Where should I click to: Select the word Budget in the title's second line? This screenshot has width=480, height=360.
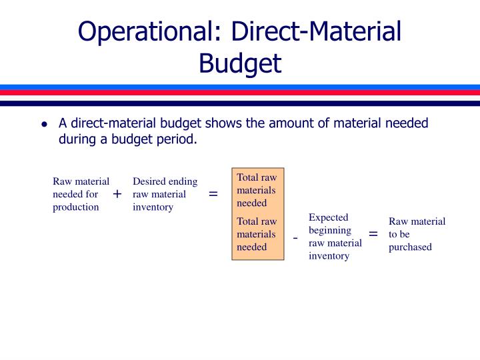coord(240,64)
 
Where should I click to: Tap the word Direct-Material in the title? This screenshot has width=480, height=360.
coord(316,31)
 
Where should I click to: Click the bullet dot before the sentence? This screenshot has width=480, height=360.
coord(45,124)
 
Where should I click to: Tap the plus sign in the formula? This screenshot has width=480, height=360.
coord(117,194)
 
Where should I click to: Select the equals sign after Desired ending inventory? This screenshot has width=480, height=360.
coord(213,194)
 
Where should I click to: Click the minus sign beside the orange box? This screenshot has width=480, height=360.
coord(295,238)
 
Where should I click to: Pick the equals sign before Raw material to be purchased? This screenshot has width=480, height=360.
coord(373,234)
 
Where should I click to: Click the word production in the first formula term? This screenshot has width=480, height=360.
coord(76,207)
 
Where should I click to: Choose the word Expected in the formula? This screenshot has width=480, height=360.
coord(329,217)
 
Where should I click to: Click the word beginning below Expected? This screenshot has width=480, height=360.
coord(330,231)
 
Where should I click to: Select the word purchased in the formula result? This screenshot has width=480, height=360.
coord(410,247)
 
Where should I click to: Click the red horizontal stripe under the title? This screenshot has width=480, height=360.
coord(240,93)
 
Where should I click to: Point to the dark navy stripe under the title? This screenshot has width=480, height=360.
coord(240,103)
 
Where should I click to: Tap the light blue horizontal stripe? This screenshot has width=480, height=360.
coord(240,87)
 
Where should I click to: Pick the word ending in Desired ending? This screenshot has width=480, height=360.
coord(183,182)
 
